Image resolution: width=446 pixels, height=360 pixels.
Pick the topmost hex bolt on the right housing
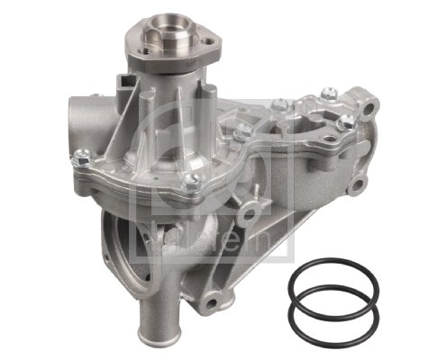[x=330, y=93]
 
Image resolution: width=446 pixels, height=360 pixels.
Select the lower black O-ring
[x=331, y=318]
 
